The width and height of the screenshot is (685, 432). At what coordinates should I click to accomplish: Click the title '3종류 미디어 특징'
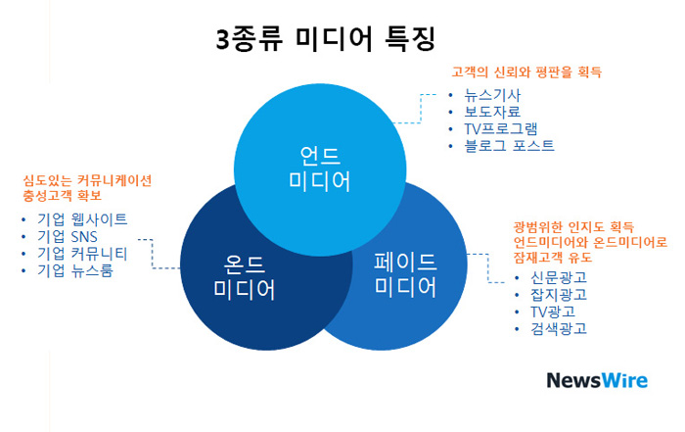click(326, 39)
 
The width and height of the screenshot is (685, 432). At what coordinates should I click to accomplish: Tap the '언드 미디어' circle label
click(320, 168)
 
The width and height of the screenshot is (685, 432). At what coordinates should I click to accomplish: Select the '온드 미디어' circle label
click(245, 277)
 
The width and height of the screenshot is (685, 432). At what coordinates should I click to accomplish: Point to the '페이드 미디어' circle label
click(405, 275)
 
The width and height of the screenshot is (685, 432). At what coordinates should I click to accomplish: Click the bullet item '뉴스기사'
click(492, 95)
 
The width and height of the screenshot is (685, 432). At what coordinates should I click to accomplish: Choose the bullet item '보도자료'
click(492, 112)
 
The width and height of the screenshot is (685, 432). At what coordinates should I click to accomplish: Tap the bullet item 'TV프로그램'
click(501, 128)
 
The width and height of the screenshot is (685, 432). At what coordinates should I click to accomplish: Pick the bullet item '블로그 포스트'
click(509, 145)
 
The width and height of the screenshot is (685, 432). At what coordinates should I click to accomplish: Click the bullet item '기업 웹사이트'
click(82, 219)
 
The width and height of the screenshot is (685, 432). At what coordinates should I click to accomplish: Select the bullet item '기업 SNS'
click(68, 236)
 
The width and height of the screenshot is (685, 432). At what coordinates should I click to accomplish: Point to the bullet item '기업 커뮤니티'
click(82, 254)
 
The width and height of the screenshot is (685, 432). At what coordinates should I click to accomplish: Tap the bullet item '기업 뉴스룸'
click(75, 270)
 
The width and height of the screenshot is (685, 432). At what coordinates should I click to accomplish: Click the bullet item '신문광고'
click(559, 277)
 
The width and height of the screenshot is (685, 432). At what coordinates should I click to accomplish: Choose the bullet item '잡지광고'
click(559, 294)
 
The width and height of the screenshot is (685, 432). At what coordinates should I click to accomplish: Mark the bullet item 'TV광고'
click(553, 312)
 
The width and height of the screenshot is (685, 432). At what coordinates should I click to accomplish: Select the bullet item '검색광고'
click(559, 328)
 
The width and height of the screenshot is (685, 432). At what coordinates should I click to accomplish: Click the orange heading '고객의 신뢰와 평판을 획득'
click(526, 72)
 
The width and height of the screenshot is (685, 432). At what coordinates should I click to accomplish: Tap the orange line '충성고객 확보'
click(62, 195)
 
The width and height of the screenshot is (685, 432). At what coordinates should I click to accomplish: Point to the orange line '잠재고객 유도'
click(553, 257)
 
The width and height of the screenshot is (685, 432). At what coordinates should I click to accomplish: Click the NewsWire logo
click(597, 380)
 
